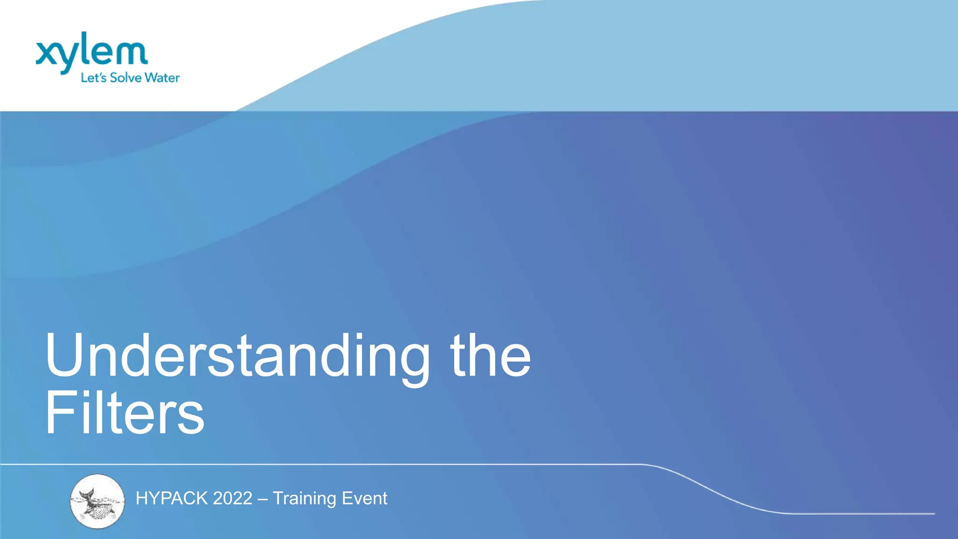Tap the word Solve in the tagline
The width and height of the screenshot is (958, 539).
[x=126, y=78]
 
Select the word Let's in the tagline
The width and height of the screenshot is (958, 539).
[x=94, y=78]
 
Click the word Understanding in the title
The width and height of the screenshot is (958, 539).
[x=237, y=356]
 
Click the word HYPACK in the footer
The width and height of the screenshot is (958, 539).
[x=172, y=498]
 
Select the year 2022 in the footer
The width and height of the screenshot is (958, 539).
[x=232, y=498]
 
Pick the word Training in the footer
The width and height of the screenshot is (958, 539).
[x=305, y=499]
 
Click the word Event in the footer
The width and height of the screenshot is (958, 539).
[x=364, y=498]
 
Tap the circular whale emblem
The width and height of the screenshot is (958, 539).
[x=97, y=501]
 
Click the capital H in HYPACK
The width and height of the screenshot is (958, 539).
[x=141, y=498]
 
